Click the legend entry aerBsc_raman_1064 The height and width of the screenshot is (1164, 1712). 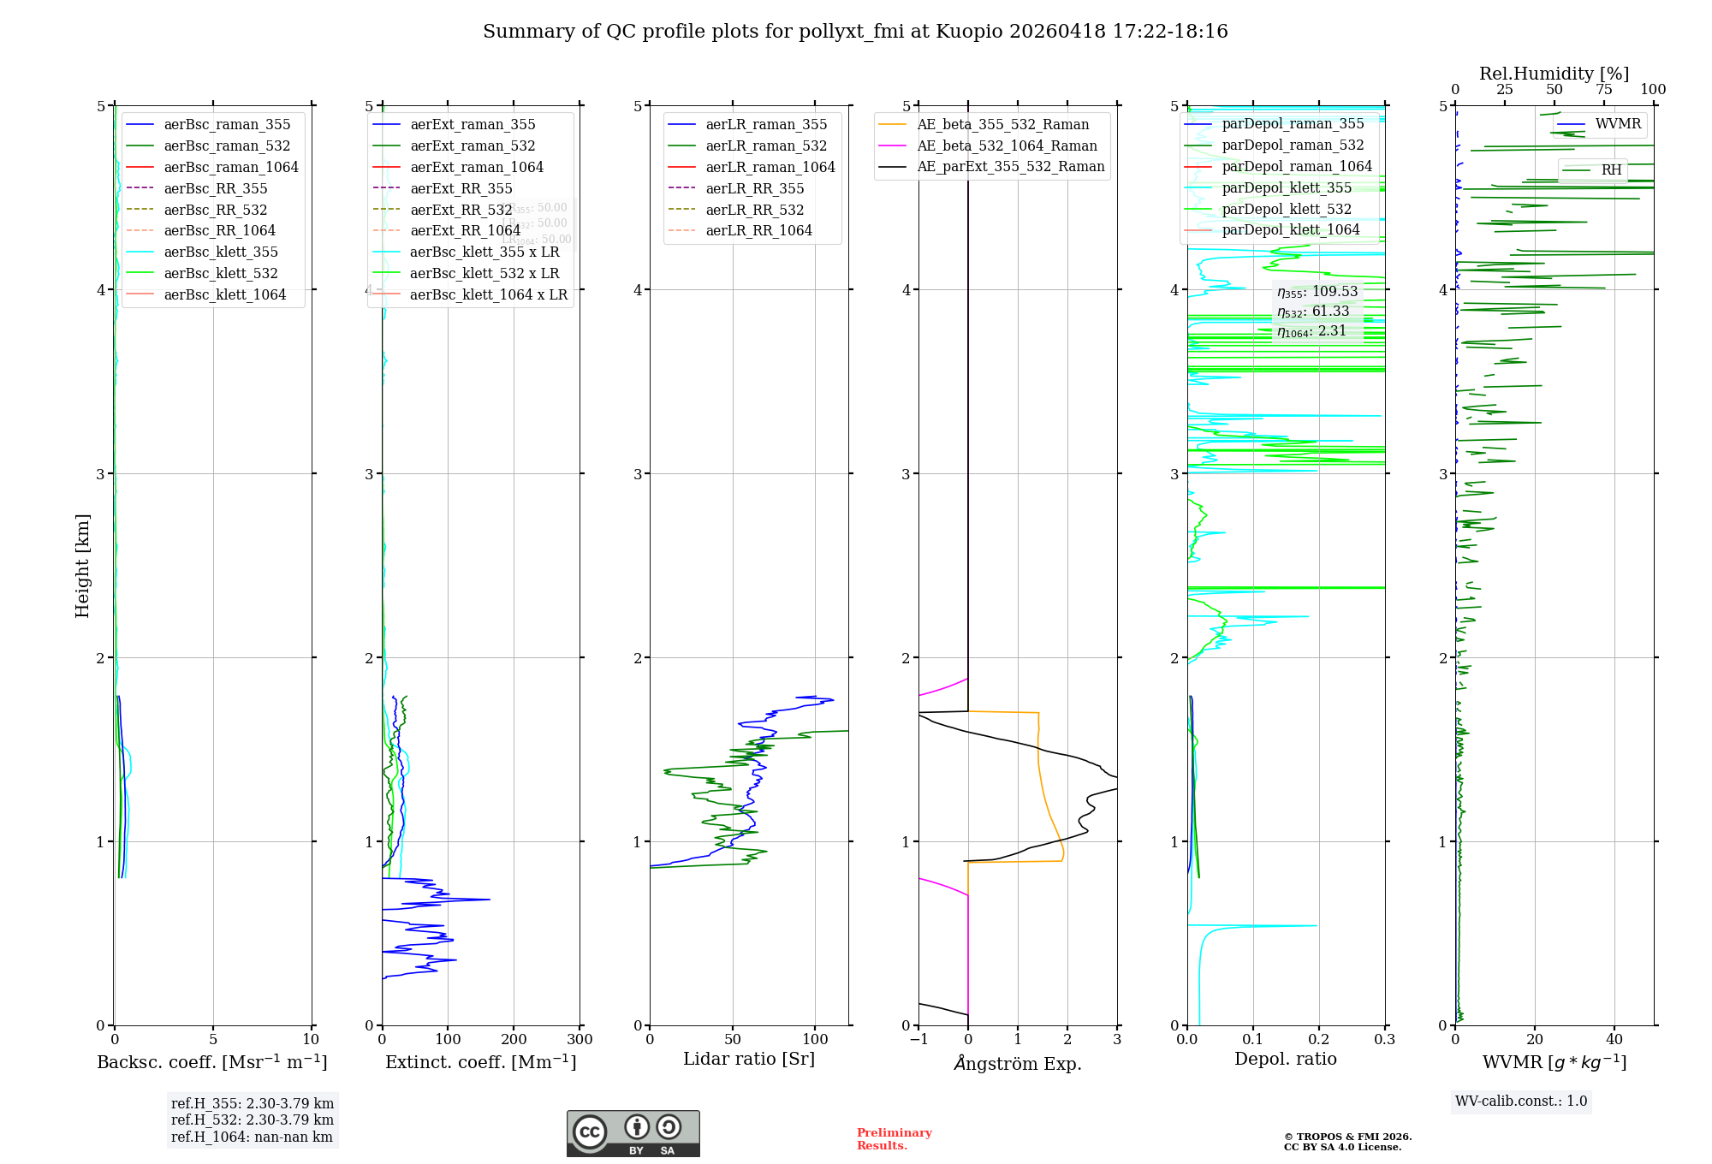click(x=231, y=167)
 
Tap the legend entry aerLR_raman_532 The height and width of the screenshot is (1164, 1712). click(x=766, y=146)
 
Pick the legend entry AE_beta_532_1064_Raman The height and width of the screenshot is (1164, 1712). click(x=1007, y=145)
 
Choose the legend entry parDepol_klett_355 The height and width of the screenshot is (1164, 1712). click(x=1287, y=187)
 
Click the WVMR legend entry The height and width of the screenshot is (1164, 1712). click(x=1618, y=124)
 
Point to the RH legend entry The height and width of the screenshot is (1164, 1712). click(x=1611, y=170)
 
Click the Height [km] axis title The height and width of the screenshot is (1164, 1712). click(x=82, y=566)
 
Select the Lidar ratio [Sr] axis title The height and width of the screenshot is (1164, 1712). click(x=749, y=1059)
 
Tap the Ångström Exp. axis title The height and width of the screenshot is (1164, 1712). click(x=1018, y=1063)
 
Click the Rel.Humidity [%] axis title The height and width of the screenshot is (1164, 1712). click(x=1554, y=74)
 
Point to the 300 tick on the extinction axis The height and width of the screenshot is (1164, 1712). click(x=580, y=1040)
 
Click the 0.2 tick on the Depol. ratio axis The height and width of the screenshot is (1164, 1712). click(x=1319, y=1040)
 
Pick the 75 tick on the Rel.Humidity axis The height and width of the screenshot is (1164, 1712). click(x=1603, y=90)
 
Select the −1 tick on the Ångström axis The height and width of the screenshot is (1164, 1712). click(x=918, y=1040)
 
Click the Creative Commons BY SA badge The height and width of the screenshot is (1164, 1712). click(x=633, y=1134)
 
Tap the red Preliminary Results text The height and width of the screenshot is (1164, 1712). click(x=894, y=1139)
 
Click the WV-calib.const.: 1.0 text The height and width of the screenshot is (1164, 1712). click(x=1521, y=1102)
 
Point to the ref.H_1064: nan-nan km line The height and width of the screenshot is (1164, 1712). click(x=252, y=1137)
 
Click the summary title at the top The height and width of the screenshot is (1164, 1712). click(x=855, y=32)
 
